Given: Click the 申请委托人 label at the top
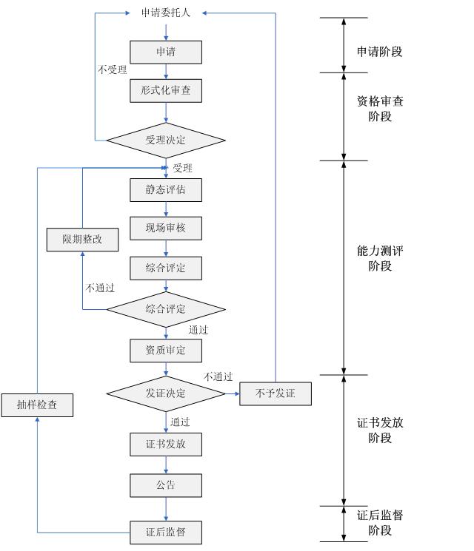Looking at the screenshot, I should [x=166, y=13].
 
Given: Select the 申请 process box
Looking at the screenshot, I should [x=166, y=52].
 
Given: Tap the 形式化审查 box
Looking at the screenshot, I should [x=166, y=91].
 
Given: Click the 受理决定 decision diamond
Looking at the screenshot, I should [x=166, y=141].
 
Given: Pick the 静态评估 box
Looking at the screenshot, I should [x=166, y=190].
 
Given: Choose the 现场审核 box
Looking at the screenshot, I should [x=166, y=229].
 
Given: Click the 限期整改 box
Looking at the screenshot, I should [x=82, y=239].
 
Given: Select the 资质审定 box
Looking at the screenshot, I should [x=166, y=351].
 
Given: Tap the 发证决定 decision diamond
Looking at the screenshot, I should [x=166, y=393].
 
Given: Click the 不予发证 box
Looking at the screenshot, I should [x=276, y=393].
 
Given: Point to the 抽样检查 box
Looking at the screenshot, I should [x=37, y=405].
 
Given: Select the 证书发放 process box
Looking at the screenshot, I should [x=166, y=444].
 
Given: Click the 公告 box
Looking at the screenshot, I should [x=166, y=485].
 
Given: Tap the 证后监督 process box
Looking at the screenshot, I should [x=166, y=531].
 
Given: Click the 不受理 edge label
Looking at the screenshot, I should [x=113, y=70].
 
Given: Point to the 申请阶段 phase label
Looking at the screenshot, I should [x=380, y=52].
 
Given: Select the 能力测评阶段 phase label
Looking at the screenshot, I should [x=380, y=258].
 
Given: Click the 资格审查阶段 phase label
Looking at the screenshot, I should [x=380, y=109].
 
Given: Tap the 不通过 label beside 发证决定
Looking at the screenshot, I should [x=218, y=377].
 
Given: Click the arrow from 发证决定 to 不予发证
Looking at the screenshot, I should [x=232, y=393].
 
